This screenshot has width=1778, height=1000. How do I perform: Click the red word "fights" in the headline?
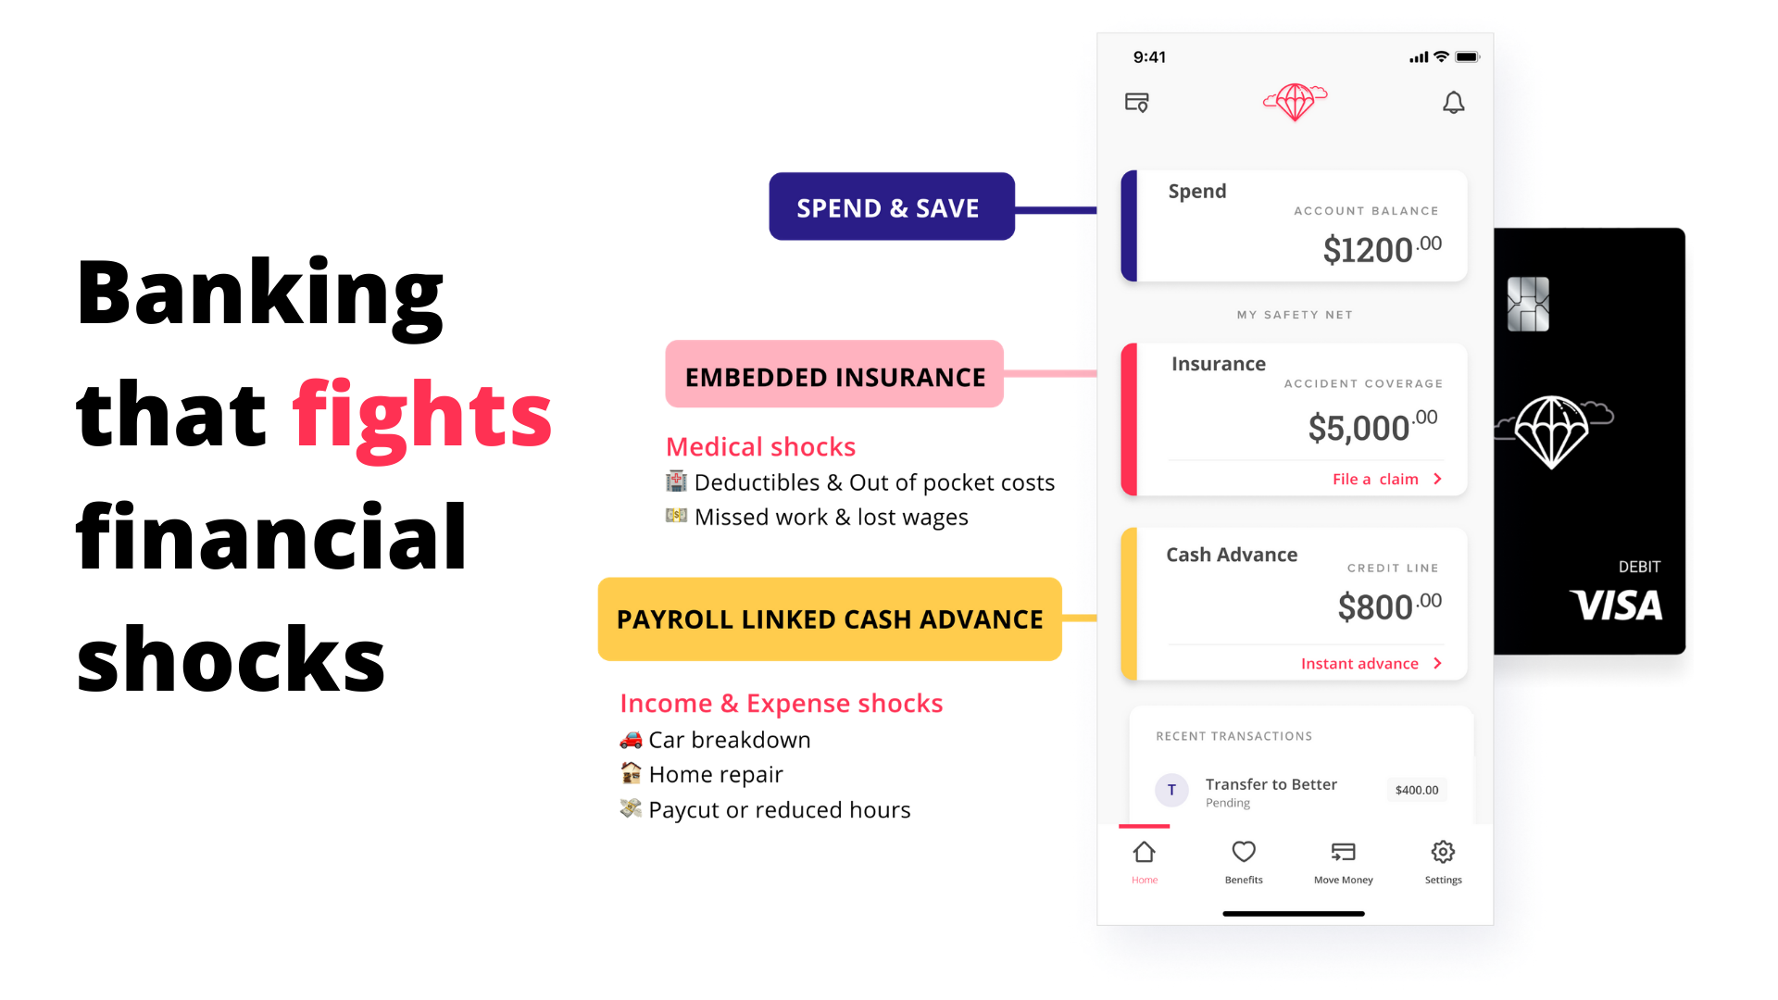pos(422,417)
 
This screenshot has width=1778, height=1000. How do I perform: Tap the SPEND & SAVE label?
pos(892,206)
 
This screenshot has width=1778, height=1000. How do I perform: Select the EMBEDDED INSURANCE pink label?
pos(834,374)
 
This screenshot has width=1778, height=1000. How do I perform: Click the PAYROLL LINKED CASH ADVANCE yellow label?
pos(830,619)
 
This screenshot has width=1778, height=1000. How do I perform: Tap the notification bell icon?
pos(1454,102)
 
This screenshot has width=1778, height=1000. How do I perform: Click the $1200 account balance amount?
pos(1382,249)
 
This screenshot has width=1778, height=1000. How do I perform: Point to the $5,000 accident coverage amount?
pos(1372,427)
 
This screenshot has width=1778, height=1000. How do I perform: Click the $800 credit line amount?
pos(1389,606)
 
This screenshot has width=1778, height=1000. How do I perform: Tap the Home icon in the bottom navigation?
pos(1145,852)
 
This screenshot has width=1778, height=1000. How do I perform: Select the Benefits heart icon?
pos(1244,852)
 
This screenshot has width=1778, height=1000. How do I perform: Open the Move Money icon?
pos(1344,852)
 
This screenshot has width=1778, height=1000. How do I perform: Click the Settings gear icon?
pos(1443,852)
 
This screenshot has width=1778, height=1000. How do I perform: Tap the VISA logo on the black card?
pos(1616,606)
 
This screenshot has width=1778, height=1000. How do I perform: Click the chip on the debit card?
pos(1528,304)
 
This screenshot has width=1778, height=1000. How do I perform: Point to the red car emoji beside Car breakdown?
pos(631,740)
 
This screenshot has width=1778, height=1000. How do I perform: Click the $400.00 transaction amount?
pos(1417,790)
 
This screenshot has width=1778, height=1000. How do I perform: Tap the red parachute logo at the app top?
pos(1296,101)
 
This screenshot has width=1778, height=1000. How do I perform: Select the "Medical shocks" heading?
pos(760,446)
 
